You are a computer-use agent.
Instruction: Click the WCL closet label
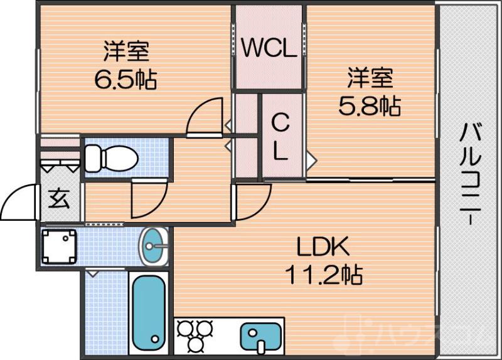[269, 49]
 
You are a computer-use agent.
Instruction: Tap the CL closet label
[280, 137]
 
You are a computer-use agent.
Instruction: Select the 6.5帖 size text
[125, 80]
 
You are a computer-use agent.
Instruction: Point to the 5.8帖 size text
[370, 106]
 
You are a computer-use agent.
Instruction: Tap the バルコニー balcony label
[470, 176]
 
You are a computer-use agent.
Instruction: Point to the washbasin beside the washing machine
[154, 246]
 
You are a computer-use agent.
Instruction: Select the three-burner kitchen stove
[195, 336]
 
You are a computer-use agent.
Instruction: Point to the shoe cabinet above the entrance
[60, 160]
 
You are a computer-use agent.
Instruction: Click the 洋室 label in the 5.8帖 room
[370, 80]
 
